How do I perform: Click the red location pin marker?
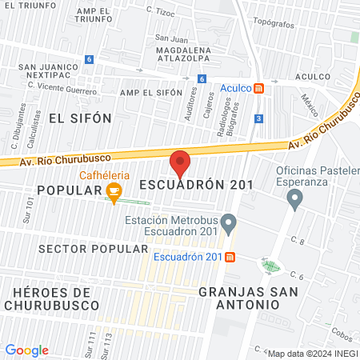tap(180, 164)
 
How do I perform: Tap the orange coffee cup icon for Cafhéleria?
tap(114, 191)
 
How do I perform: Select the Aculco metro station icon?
tap(258, 89)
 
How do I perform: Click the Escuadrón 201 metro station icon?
tap(230, 257)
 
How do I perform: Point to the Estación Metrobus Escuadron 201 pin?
tap(230, 221)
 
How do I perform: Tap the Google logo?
tap(26, 350)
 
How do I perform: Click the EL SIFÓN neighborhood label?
tap(80, 117)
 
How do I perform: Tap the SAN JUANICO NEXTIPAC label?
tap(49, 70)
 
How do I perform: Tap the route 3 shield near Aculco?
tap(258, 118)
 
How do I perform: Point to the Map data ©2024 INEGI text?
tap(312, 354)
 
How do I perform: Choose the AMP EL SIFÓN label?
tap(151, 94)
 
